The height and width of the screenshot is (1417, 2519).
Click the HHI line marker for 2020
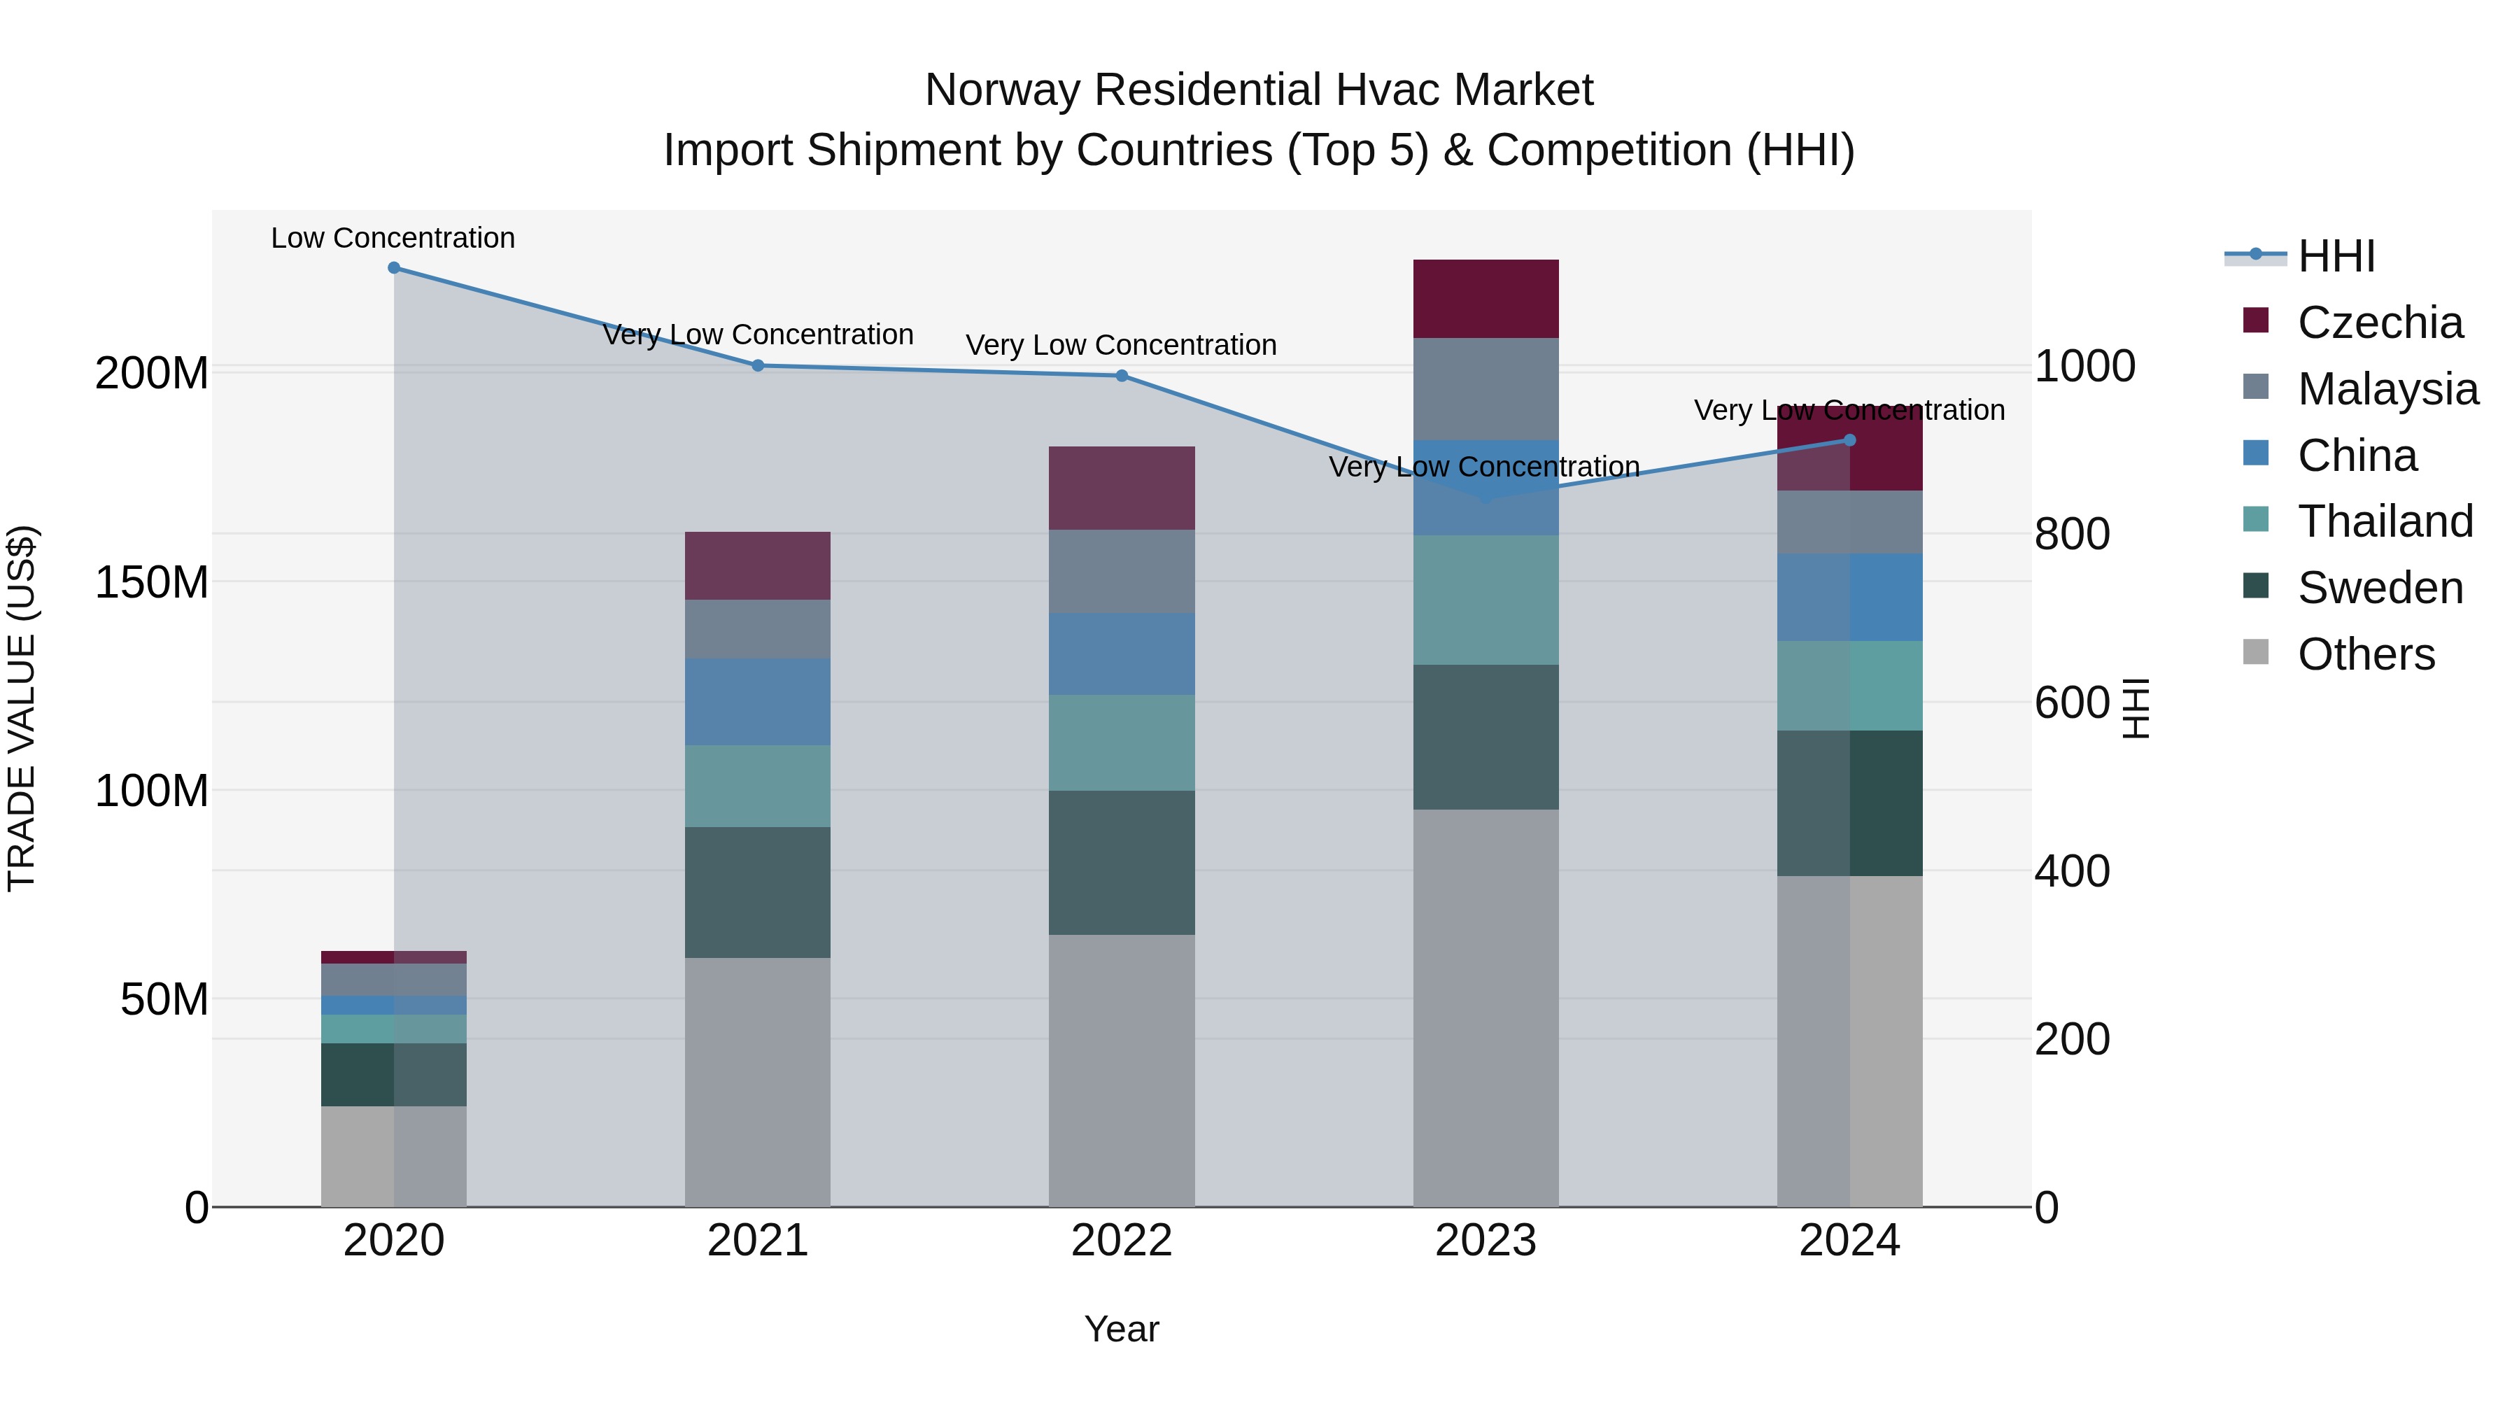pyautogui.click(x=394, y=268)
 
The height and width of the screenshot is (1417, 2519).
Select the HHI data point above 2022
pyautogui.click(x=1122, y=376)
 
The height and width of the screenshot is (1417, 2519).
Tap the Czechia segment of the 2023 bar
pyautogui.click(x=1486, y=298)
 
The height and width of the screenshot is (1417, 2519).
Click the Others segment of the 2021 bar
pyautogui.click(x=757, y=1082)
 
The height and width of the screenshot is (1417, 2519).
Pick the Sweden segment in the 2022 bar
pyautogui.click(x=1122, y=863)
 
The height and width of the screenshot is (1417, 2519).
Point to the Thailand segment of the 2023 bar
pyautogui.click(x=1486, y=600)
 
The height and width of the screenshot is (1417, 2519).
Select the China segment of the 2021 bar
pyautogui.click(x=757, y=701)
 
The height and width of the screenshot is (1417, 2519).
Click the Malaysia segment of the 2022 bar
pyautogui.click(x=1122, y=571)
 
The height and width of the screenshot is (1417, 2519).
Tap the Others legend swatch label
pyautogui.click(x=2366, y=654)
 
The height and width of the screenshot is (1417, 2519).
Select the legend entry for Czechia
pyautogui.click(x=2379, y=323)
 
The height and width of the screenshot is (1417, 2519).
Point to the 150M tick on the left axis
pyautogui.click(x=152, y=583)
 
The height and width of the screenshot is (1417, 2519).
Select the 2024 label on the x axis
pyautogui.click(x=1849, y=1241)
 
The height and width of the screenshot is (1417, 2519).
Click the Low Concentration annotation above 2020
pyautogui.click(x=393, y=238)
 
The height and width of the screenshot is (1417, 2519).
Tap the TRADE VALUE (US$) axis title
pyautogui.click(x=22, y=708)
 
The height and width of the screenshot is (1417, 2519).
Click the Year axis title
pyautogui.click(x=1122, y=1329)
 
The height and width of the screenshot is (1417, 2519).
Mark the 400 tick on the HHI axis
pyautogui.click(x=2072, y=871)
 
